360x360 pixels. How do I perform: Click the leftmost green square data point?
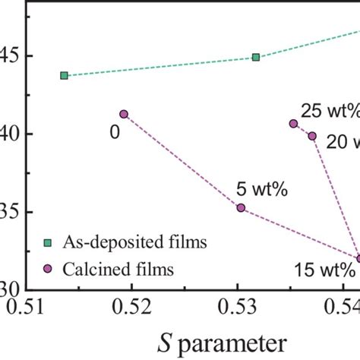(64, 75)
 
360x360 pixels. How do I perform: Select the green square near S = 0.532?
(256, 57)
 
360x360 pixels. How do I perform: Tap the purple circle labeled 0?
(124, 114)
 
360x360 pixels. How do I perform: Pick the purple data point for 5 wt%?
(241, 207)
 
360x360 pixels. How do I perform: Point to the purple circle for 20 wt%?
(312, 136)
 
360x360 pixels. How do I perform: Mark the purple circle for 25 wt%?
(293, 123)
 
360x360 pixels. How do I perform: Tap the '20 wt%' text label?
(343, 141)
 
